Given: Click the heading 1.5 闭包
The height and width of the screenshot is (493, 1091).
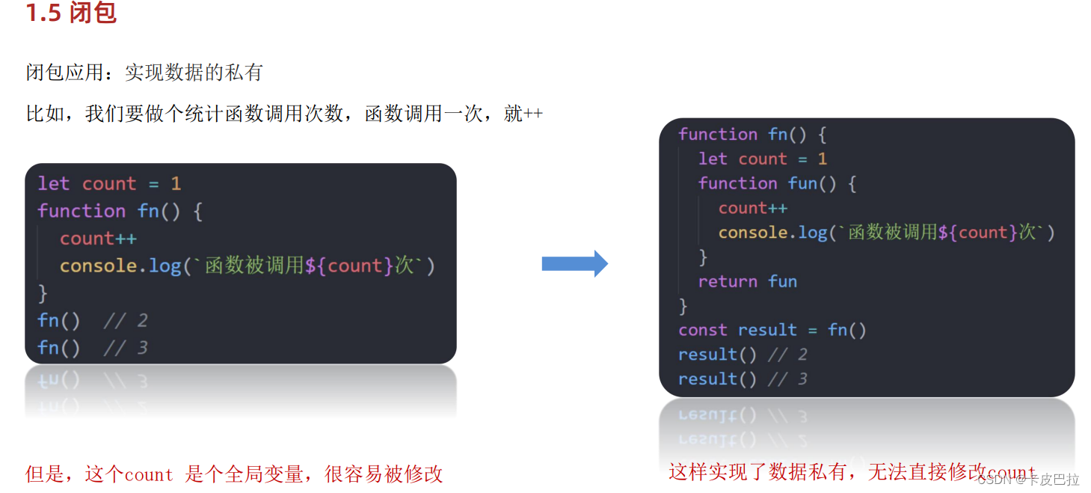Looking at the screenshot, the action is (71, 13).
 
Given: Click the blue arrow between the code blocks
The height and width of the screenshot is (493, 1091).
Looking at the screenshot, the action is (574, 263).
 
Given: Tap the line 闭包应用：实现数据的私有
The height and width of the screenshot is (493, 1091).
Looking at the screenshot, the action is (144, 73).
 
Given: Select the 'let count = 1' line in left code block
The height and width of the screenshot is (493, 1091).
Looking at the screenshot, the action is (109, 184).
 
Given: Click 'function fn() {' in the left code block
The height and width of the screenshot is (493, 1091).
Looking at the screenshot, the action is (120, 211).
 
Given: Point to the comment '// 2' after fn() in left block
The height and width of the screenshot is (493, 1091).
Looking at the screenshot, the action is (126, 321).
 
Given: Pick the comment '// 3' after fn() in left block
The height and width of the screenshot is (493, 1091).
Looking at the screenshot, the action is (126, 348).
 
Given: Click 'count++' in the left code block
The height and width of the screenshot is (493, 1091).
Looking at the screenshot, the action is (98, 239).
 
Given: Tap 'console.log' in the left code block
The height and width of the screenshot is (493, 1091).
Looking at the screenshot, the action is (120, 266).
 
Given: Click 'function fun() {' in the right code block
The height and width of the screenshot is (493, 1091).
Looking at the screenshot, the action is (777, 183).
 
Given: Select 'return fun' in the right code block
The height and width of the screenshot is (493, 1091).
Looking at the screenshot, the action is (747, 281).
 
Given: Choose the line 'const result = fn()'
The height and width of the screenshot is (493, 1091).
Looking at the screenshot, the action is (772, 330).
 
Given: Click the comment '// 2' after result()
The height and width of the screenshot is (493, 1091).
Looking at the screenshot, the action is (787, 355).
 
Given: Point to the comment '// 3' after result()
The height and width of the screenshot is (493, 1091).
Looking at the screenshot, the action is (787, 379).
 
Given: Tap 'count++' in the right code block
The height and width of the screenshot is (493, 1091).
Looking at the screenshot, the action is (752, 208).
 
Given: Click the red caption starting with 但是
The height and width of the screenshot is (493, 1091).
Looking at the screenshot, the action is (234, 474).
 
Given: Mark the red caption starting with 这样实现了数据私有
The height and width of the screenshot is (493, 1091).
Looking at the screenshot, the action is (823, 472).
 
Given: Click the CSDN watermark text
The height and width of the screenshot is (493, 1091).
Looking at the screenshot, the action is (1028, 480).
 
